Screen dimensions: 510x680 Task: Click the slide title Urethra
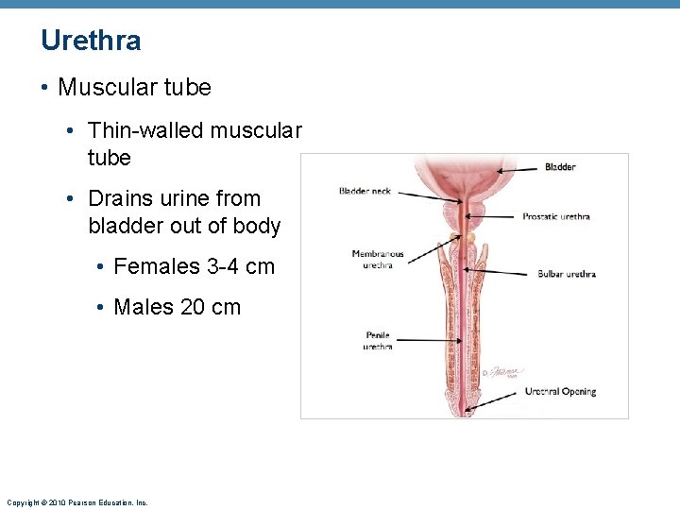pyautogui.click(x=91, y=41)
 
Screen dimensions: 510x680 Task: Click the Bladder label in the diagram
pyautogui.click(x=560, y=167)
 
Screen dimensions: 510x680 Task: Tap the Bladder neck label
pyautogui.click(x=365, y=191)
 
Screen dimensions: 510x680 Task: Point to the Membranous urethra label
pyautogui.click(x=377, y=259)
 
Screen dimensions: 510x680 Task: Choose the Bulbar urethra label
pyautogui.click(x=567, y=274)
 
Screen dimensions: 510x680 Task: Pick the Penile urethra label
pyautogui.click(x=378, y=341)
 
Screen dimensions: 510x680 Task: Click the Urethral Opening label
pyautogui.click(x=560, y=391)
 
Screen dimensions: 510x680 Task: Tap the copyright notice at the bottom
pyautogui.click(x=76, y=502)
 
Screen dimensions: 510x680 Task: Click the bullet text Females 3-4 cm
pyautogui.click(x=194, y=266)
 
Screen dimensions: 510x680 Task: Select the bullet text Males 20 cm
pyautogui.click(x=177, y=307)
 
